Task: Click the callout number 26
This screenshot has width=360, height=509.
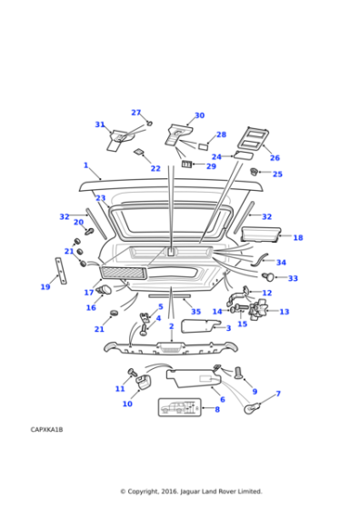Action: click(275, 158)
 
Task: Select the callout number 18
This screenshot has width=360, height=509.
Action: click(298, 237)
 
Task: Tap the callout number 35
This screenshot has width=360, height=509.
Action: click(195, 312)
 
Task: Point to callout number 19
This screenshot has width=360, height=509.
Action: click(45, 287)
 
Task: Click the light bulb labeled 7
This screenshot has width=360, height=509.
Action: click(253, 409)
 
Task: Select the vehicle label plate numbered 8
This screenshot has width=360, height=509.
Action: click(179, 407)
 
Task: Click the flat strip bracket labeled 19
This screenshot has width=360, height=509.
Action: click(61, 271)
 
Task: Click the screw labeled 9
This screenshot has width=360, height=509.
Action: click(238, 373)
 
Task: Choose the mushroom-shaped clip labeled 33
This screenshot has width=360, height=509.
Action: click(268, 277)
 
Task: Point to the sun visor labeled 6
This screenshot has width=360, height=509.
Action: click(194, 378)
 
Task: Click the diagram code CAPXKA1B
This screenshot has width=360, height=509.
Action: click(46, 429)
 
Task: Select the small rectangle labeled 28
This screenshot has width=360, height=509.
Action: click(204, 146)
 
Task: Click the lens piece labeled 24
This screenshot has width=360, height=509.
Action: click(243, 155)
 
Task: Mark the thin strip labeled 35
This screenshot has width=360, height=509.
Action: click(169, 296)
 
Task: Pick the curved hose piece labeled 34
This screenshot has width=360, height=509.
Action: click(259, 260)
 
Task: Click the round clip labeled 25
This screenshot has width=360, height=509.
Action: click(254, 171)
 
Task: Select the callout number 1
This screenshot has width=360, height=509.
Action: click(85, 165)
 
